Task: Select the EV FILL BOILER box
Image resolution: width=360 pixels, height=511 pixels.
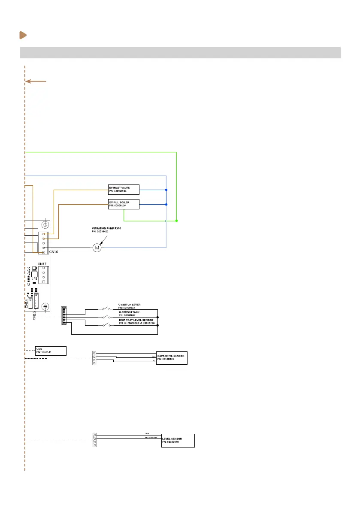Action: [124, 204]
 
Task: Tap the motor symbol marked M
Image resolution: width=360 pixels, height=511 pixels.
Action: [97, 248]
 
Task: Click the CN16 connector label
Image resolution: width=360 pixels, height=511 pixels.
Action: [53, 252]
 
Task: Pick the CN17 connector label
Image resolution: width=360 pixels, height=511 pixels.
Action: [42, 263]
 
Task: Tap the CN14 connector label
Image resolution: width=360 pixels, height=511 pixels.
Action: [27, 303]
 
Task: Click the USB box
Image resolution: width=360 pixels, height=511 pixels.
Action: [51, 351]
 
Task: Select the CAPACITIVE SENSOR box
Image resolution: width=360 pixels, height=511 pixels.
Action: [172, 358]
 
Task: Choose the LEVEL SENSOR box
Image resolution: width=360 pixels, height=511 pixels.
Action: [178, 441]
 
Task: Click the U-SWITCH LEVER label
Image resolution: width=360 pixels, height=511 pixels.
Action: [130, 305]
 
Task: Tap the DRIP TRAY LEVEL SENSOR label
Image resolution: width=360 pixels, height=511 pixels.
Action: [136, 321]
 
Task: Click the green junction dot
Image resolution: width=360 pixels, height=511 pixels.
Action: [176, 221]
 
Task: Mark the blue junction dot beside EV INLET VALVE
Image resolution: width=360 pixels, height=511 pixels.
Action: [166, 190]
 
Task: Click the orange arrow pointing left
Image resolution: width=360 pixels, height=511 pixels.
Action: [36, 81]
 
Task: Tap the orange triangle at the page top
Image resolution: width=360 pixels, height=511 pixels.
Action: [23, 35]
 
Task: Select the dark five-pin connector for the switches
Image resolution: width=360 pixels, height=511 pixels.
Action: [64, 316]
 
